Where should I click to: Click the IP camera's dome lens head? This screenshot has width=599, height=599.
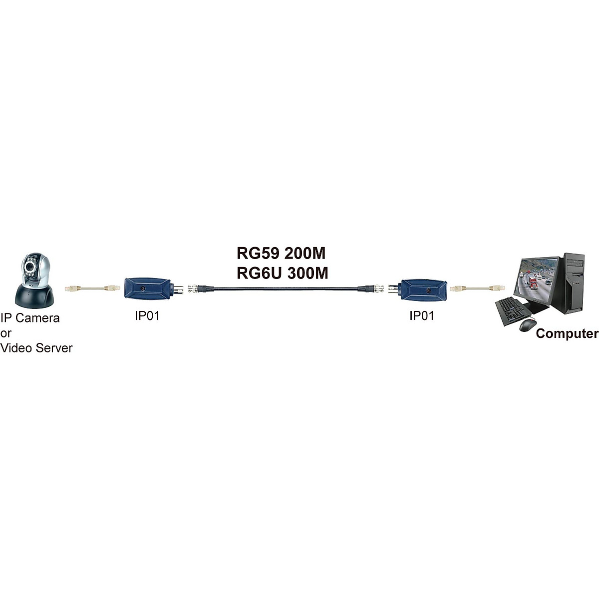[33, 270]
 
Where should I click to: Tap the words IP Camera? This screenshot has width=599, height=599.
[30, 318]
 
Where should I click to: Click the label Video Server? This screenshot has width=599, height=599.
[36, 348]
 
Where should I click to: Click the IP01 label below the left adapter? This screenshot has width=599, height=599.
[147, 316]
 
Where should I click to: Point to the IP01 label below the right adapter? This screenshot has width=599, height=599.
[422, 316]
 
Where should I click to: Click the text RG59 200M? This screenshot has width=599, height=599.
[281, 254]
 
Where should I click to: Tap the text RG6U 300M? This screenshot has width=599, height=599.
[282, 273]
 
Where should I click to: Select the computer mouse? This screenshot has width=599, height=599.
[526, 325]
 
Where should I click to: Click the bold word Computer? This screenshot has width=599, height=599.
[567, 333]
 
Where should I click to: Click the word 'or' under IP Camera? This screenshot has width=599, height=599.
[5, 333]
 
